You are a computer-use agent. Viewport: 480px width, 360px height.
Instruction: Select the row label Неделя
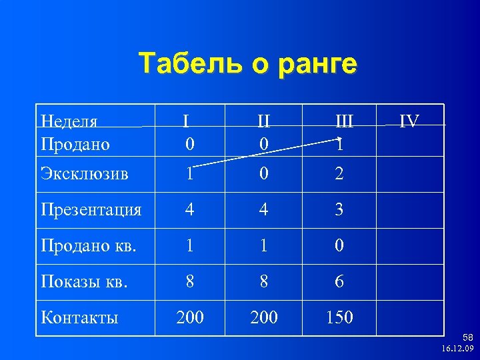[x=69, y=121]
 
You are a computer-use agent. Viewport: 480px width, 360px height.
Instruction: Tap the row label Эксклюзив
[x=84, y=174]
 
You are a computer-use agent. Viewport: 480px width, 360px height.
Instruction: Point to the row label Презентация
[x=91, y=210]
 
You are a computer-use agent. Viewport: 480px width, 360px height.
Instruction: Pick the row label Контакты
[x=79, y=317]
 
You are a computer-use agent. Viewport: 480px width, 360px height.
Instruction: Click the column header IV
[x=409, y=121]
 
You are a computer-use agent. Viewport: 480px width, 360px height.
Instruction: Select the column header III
[x=344, y=121]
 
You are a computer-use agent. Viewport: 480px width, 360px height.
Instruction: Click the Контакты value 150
[x=339, y=317]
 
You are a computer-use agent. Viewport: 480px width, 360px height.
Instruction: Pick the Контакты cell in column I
[x=190, y=317]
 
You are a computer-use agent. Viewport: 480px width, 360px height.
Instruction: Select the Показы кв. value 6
[x=339, y=282]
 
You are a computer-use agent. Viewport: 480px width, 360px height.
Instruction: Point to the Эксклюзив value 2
[x=339, y=174]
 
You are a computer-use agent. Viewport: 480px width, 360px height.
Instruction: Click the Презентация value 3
[x=339, y=210]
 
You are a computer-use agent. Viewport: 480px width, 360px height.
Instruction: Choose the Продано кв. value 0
[x=339, y=246]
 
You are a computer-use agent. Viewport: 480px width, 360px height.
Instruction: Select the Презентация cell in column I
[x=190, y=210]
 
